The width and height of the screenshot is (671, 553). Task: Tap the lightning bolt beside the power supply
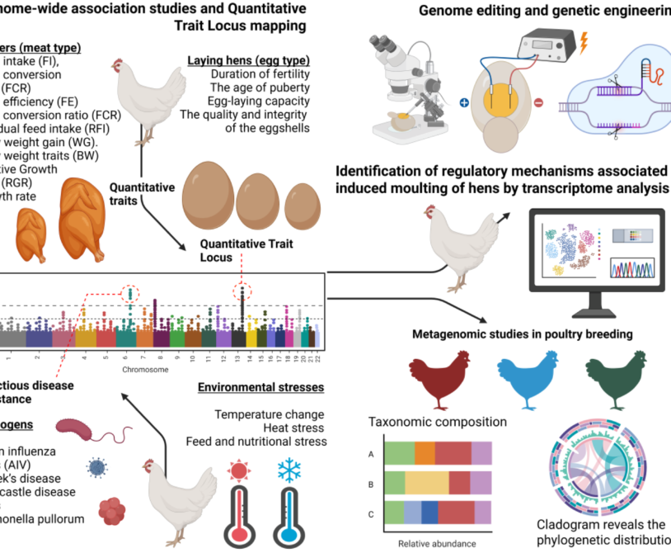pos(585,43)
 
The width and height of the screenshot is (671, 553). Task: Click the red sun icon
pos(240,471)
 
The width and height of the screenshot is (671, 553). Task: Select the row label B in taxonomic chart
pos(372,484)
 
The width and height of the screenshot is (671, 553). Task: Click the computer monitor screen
pos(598,249)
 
